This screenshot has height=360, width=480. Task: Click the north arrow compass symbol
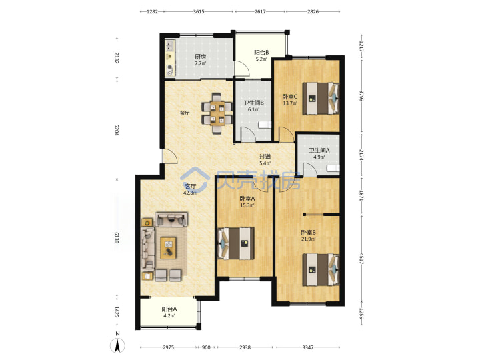[x=117, y=345]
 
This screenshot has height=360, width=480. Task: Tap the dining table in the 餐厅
[x=217, y=113]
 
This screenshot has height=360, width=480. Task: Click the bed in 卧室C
[x=321, y=99]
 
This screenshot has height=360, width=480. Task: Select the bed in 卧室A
[x=236, y=243]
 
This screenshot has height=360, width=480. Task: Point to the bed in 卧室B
[x=321, y=270]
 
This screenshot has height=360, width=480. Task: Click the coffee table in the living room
[x=168, y=247]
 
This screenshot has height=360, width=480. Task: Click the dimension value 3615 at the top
[x=199, y=11]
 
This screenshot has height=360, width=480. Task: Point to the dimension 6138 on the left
[x=116, y=238]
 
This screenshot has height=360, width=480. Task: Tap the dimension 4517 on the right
[x=361, y=259]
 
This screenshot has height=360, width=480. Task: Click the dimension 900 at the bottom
[x=206, y=347]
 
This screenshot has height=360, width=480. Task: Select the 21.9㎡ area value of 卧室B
[x=308, y=239]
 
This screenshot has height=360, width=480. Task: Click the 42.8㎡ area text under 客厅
[x=190, y=193]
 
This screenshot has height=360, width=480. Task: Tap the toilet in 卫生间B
[x=265, y=125]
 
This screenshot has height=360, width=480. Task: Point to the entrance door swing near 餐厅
[x=169, y=156]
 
